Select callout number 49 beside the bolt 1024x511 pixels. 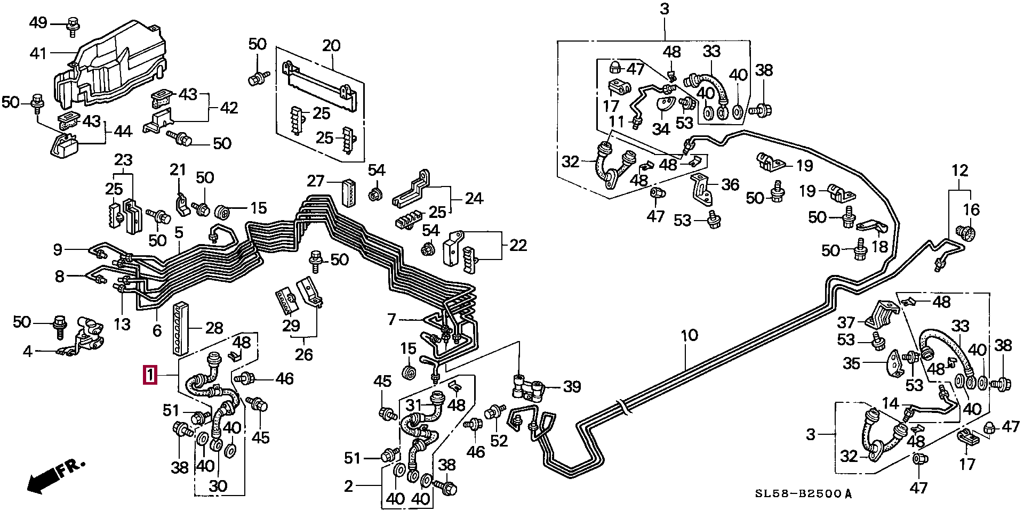38,23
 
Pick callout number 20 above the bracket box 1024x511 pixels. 331,45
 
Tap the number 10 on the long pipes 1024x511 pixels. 689,335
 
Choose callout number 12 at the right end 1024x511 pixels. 960,171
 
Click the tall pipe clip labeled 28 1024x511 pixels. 180,327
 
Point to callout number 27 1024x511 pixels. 316,181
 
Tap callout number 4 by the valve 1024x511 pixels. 27,351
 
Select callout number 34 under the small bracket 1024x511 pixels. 661,129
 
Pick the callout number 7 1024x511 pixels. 392,319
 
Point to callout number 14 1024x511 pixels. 890,403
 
